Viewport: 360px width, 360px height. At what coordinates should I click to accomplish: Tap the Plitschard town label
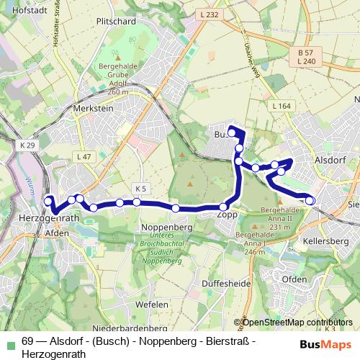(x=115, y=21)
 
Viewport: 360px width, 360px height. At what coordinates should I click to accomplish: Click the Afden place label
(x=57, y=233)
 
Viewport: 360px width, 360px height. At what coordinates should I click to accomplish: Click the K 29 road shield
(x=27, y=145)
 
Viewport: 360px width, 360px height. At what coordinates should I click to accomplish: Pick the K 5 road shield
(x=140, y=189)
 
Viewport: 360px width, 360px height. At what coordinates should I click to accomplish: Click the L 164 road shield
(x=282, y=107)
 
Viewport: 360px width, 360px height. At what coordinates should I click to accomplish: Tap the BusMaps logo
(x=325, y=344)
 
